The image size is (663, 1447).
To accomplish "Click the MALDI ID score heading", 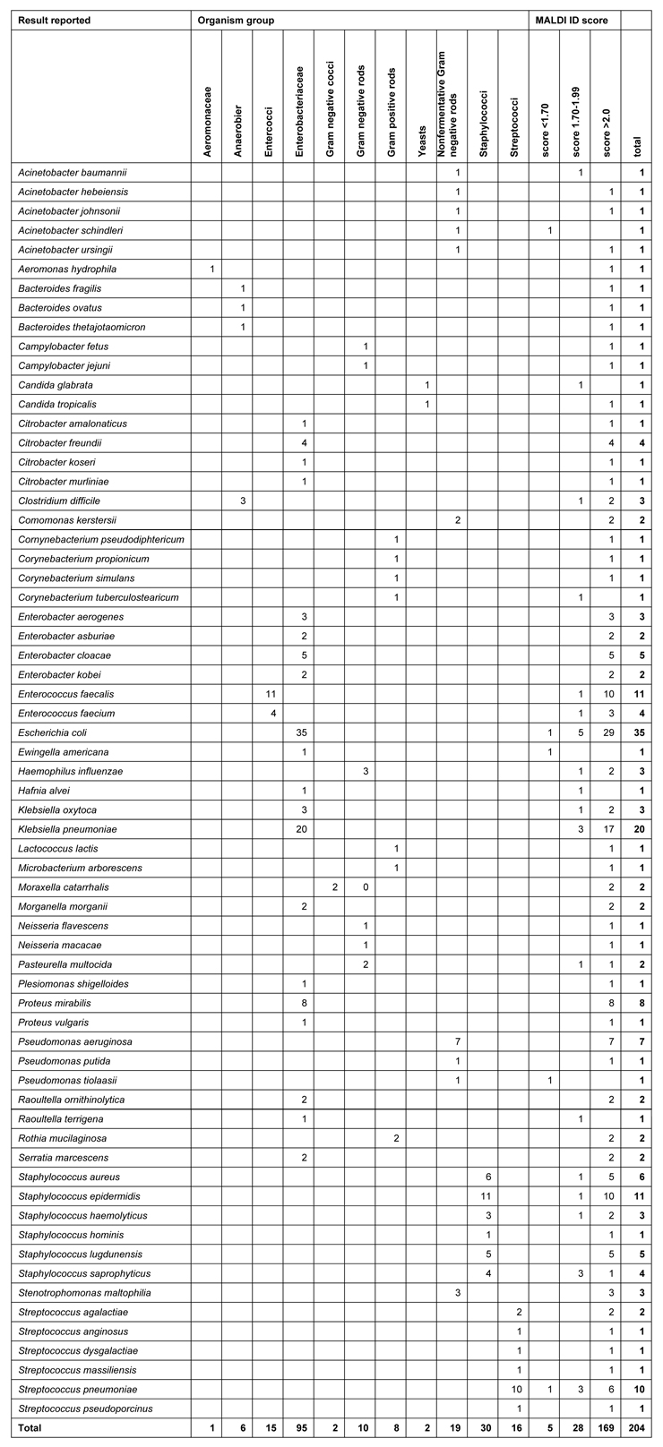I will [x=563, y=20].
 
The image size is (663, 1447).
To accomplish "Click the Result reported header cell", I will [x=55, y=20].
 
